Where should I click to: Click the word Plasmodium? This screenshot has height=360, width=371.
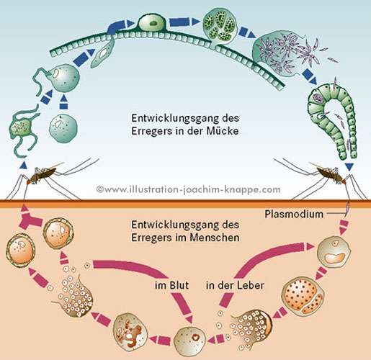pyautogui.click(x=294, y=214)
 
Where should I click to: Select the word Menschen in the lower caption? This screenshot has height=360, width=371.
pyautogui.click(x=215, y=238)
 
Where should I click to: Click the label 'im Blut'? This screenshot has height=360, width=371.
pyautogui.click(x=172, y=285)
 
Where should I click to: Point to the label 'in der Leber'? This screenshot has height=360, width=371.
pyautogui.click(x=235, y=285)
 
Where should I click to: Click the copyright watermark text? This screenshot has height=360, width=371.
pyautogui.click(x=188, y=189)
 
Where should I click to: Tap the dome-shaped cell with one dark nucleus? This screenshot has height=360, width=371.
pyautogui.click(x=152, y=23)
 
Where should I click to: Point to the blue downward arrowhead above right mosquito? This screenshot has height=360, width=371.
pyautogui.click(x=349, y=166)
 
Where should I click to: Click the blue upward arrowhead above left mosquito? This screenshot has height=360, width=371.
pyautogui.click(x=23, y=164)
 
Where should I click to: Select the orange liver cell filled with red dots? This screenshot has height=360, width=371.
pyautogui.click(x=303, y=296)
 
